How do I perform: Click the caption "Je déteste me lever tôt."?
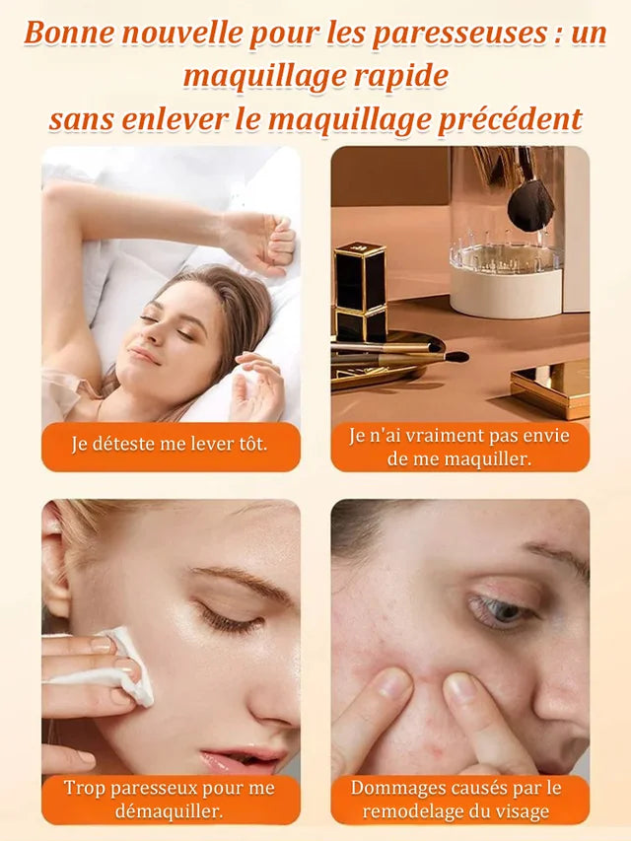point(170,445)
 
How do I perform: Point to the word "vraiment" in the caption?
point(442,436)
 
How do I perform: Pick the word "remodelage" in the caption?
point(415,811)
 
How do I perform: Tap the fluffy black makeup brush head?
point(530,206)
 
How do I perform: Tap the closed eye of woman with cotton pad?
point(230,619)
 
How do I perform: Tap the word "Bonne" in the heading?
point(62,34)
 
